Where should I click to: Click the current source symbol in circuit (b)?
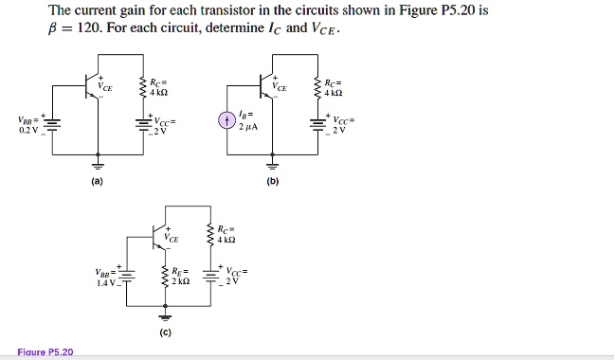(226, 121)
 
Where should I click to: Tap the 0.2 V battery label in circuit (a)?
(28, 130)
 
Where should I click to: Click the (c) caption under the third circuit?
(166, 333)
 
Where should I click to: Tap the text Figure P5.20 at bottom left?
(45, 352)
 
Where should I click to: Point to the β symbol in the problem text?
(54, 27)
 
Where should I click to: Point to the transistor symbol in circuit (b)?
(266, 81)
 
